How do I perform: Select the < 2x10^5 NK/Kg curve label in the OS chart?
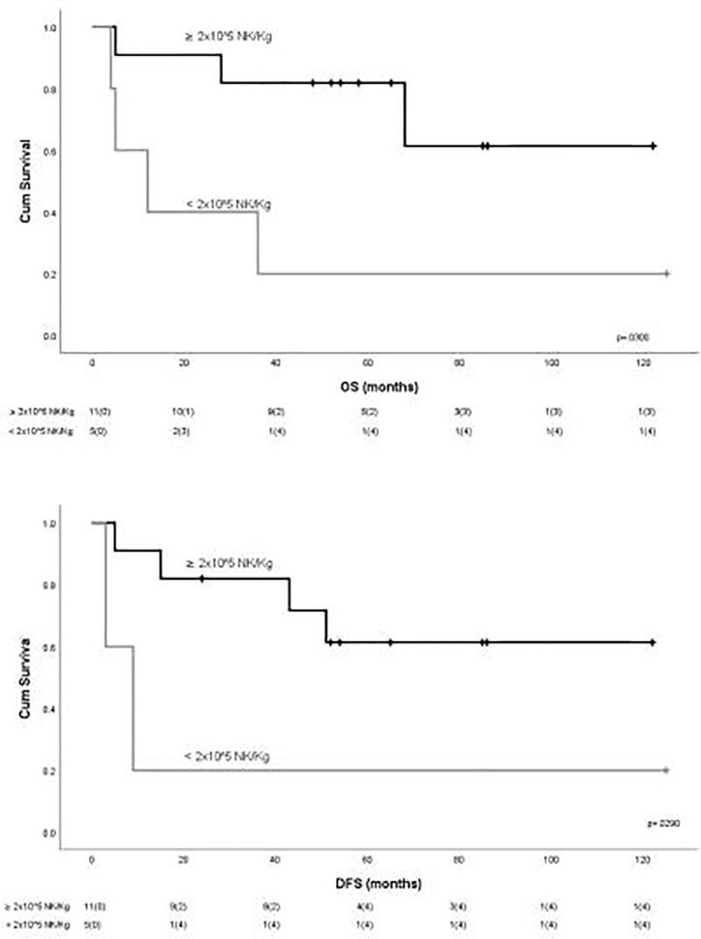(229, 203)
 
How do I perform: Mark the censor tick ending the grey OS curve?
(667, 274)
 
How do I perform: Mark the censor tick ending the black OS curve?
(654, 145)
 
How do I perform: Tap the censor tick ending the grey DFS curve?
(667, 770)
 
